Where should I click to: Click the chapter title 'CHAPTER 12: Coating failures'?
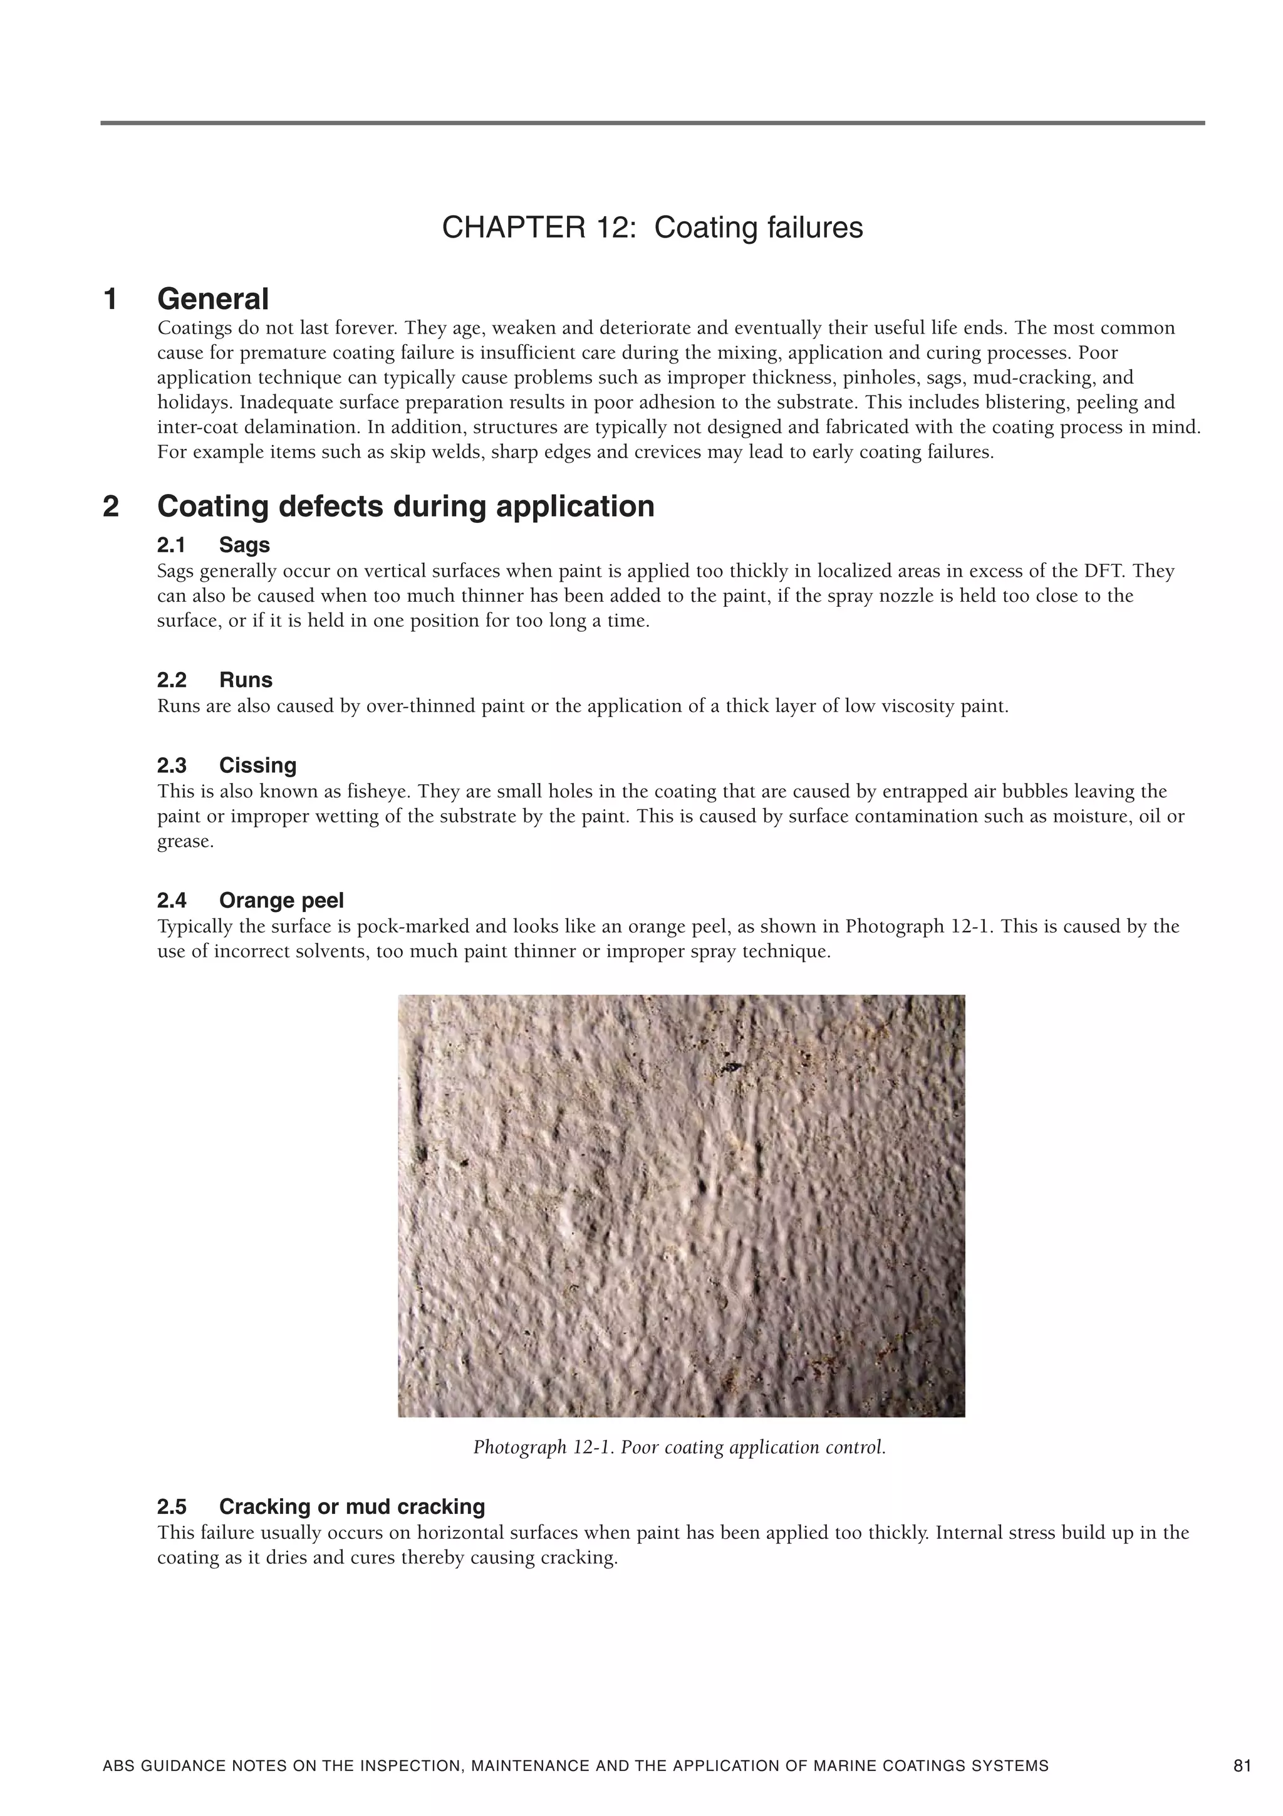pyautogui.click(x=652, y=228)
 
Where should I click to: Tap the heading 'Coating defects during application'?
pyautogui.click(x=405, y=506)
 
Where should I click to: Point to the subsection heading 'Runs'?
pyautogui.click(x=246, y=680)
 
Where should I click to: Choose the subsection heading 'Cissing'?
pyautogui.click(x=257, y=765)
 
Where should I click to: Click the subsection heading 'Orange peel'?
pyautogui.click(x=281, y=900)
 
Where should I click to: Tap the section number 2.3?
pyautogui.click(x=172, y=765)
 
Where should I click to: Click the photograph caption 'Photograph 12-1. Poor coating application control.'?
pyautogui.click(x=680, y=1447)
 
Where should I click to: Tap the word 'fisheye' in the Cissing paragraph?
pyautogui.click(x=383, y=791)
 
